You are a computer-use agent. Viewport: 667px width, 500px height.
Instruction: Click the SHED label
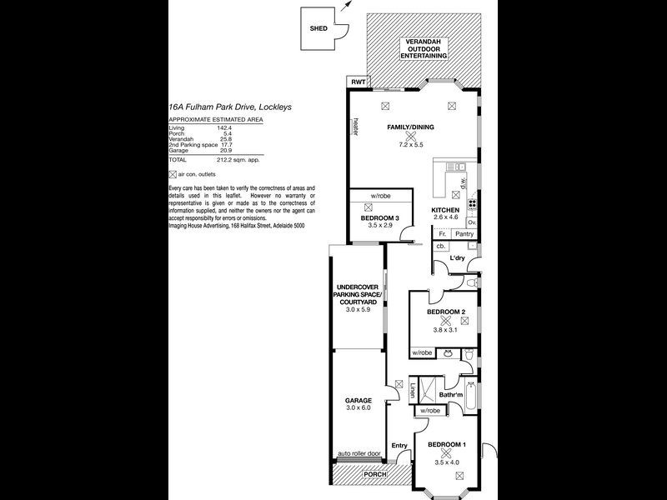tap(317, 27)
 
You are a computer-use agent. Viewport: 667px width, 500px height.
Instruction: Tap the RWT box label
tap(359, 82)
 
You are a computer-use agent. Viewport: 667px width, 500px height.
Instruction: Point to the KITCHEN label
tap(445, 210)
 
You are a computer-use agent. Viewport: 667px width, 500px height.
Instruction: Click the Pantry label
tap(464, 234)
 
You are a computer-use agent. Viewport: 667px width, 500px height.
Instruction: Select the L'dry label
tap(458, 258)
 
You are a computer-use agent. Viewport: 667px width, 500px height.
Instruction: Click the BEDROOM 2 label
tap(446, 312)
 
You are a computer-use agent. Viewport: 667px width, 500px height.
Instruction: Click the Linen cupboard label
tap(414, 389)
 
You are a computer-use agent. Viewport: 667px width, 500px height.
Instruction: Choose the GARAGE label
tap(359, 401)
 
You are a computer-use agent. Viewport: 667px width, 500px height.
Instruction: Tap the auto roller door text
tap(359, 454)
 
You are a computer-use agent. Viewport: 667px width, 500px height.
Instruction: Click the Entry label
tap(399, 445)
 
